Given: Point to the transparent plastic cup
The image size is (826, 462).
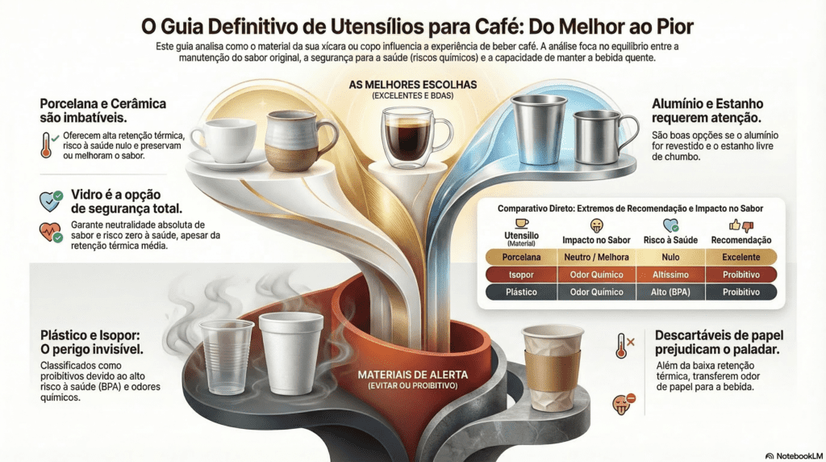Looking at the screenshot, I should click(227, 355).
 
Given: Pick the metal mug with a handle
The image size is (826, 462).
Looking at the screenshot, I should click(598, 136).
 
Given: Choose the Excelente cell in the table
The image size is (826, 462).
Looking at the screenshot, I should click(741, 257).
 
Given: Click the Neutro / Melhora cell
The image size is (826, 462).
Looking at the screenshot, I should click(595, 257).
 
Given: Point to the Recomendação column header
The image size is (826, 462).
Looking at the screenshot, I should click(741, 240).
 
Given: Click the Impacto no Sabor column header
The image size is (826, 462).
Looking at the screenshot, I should click(595, 240).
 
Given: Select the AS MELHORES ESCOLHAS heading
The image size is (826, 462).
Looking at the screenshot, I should click(413, 85).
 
